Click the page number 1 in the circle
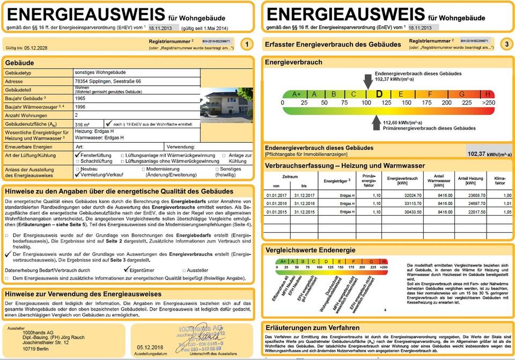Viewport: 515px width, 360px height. click(x=246, y=44)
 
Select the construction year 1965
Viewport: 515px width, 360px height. click(x=80, y=99)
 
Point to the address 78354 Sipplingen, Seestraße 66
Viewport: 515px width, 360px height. click(x=108, y=80)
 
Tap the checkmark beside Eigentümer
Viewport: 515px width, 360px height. click(x=127, y=270)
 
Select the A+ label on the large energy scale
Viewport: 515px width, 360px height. click(x=297, y=94)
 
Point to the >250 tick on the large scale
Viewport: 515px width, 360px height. click(x=488, y=102)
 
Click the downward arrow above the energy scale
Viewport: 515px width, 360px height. click(x=367, y=82)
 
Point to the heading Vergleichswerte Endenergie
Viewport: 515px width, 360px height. click(x=310, y=250)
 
